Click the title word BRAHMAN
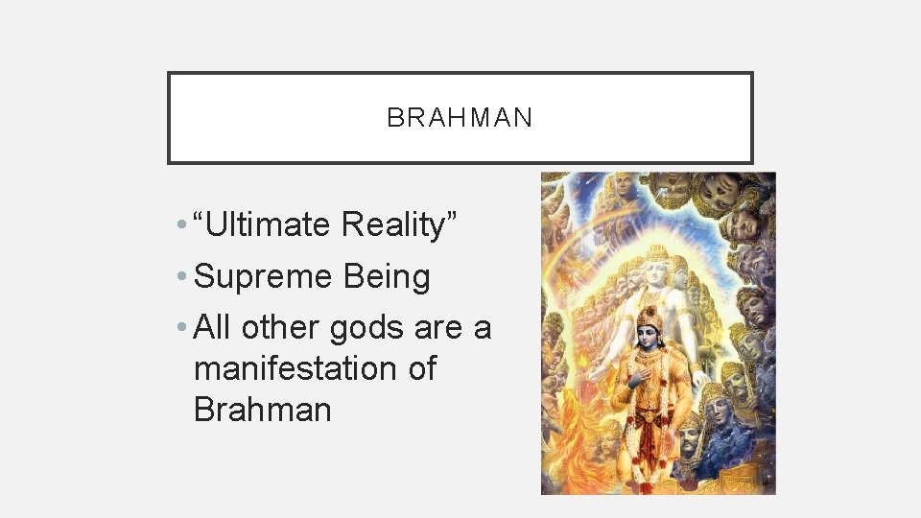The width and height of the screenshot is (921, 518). [460, 118]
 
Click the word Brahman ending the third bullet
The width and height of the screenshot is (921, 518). [262, 410]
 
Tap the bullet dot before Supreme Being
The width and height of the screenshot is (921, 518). [181, 278]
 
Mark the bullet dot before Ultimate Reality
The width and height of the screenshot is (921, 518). [181, 225]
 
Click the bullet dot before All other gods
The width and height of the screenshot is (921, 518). [181, 329]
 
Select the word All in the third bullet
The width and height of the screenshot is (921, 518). [212, 328]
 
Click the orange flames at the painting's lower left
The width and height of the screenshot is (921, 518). [576, 451]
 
